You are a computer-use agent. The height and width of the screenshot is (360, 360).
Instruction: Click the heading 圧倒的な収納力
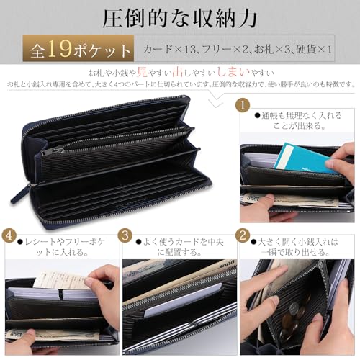click(180, 17)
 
